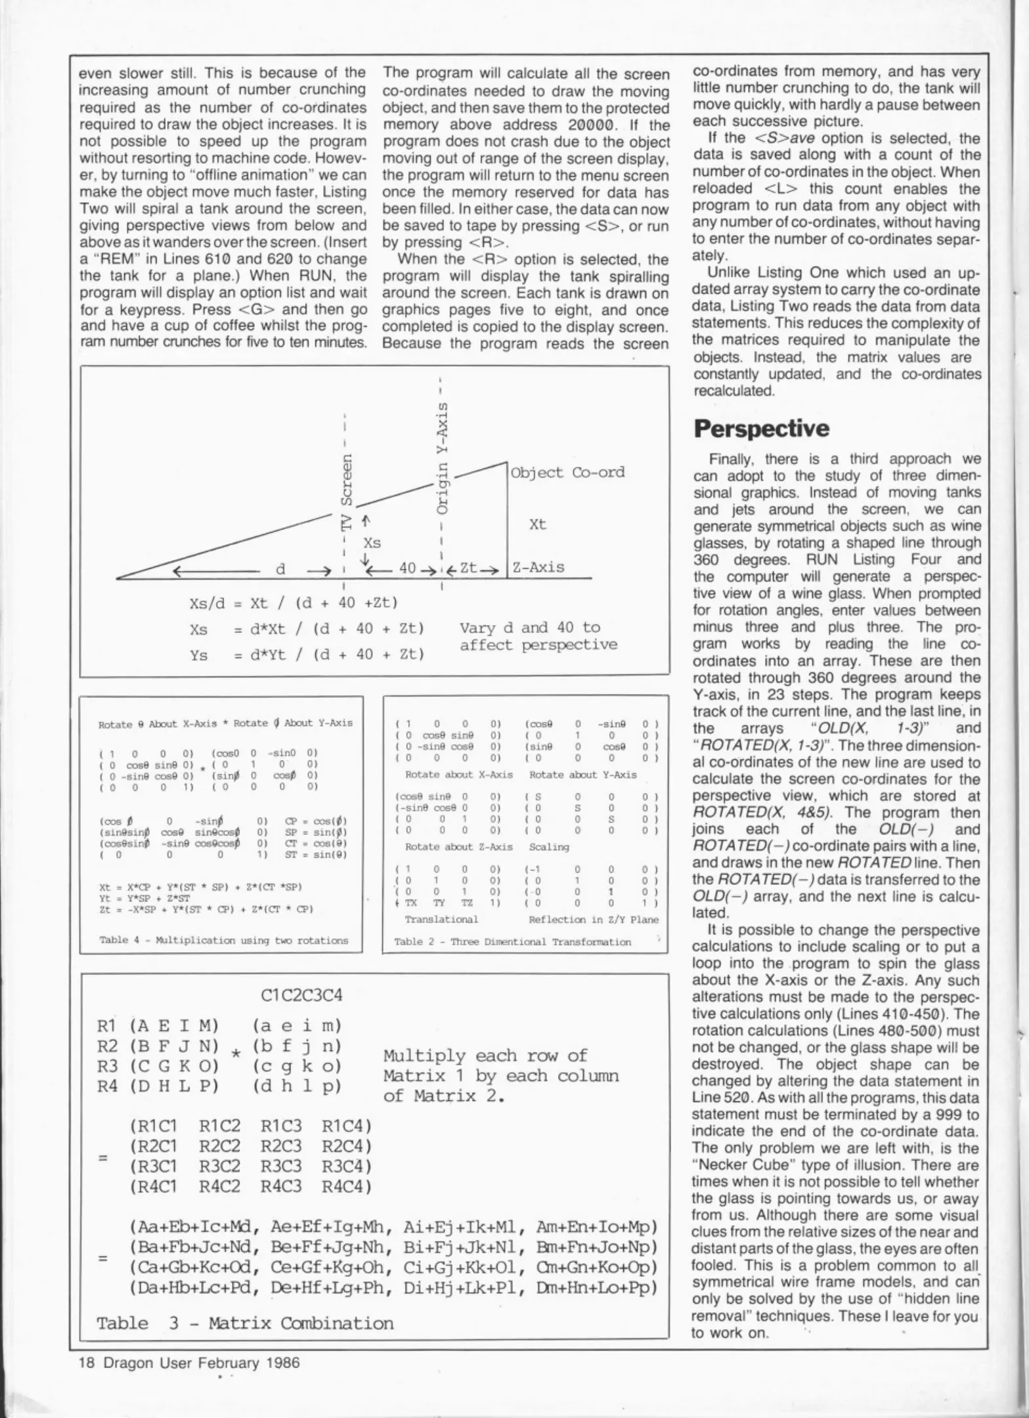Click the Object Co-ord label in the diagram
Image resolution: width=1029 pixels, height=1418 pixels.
click(567, 473)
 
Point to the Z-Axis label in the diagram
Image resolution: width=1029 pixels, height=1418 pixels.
click(538, 567)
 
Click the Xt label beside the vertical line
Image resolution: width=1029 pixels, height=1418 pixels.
click(537, 525)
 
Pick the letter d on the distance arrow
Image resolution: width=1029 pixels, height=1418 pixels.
click(280, 569)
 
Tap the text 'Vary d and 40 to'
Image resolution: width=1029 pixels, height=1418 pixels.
click(530, 627)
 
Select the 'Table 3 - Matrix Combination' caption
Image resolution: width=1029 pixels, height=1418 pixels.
click(245, 1322)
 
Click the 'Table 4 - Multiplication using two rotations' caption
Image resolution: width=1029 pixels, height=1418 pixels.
click(223, 940)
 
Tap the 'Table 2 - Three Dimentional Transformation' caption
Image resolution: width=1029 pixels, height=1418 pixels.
click(512, 941)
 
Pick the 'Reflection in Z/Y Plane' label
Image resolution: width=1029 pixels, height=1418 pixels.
click(593, 920)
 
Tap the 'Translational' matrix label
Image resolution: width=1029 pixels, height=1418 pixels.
click(441, 920)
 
